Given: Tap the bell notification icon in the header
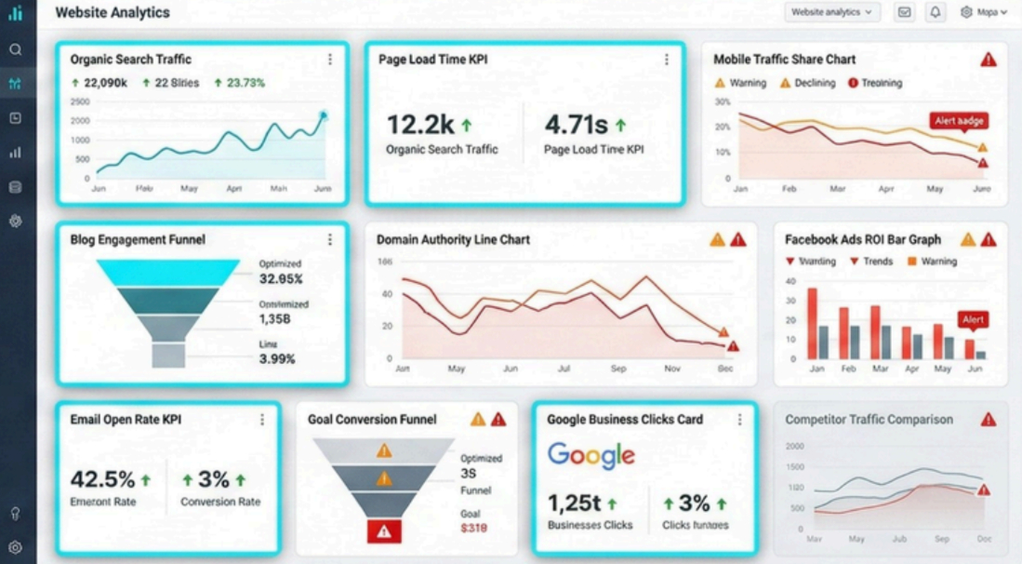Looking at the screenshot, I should pos(936,12).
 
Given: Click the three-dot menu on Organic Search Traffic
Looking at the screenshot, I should pos(330,60).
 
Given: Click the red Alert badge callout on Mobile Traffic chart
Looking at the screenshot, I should pos(958,121).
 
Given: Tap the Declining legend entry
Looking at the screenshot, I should pos(808,83).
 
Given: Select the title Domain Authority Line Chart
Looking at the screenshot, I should pos(453,239).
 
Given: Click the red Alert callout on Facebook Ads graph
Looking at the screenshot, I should pos(973,319).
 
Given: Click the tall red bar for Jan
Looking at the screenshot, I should pos(811,323).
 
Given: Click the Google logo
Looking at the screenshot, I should pos(591,456).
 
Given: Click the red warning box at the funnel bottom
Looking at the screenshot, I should pos(383,531).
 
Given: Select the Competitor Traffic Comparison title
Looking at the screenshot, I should pos(869,420).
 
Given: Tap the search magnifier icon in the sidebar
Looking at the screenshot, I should pos(15,49).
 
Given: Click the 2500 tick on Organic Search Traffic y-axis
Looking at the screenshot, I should pos(80,101).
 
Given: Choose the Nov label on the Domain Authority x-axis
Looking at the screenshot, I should pos(672,369).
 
